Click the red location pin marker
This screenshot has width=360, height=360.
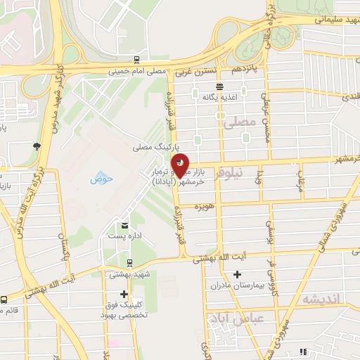click(181, 165)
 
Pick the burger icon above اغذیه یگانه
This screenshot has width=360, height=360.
click(220, 86)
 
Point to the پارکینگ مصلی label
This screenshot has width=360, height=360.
click(152, 148)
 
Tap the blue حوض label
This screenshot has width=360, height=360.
click(102, 179)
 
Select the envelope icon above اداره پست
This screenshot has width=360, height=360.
click(124, 225)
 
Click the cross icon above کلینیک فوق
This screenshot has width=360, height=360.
click(124, 294)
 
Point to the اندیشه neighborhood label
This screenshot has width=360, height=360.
click(320, 299)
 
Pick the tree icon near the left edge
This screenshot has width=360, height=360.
click(36, 146)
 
